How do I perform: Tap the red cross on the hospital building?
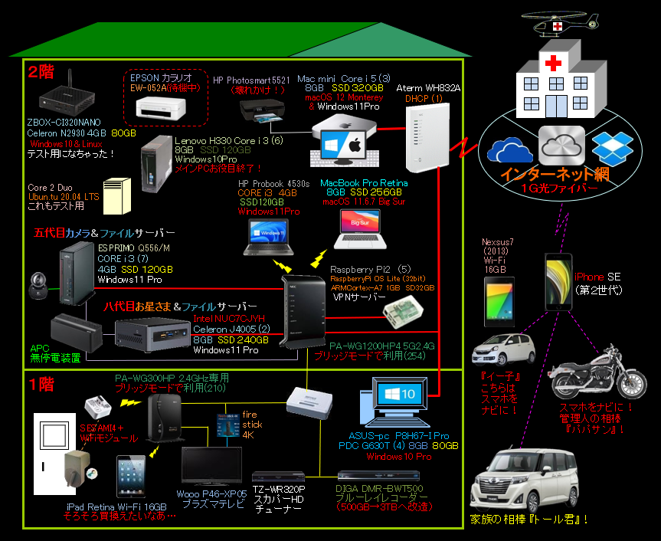[x=551, y=63]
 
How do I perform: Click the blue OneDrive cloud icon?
[x=509, y=149]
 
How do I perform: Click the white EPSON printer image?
[x=162, y=107]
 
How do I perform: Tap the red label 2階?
[x=41, y=72]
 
